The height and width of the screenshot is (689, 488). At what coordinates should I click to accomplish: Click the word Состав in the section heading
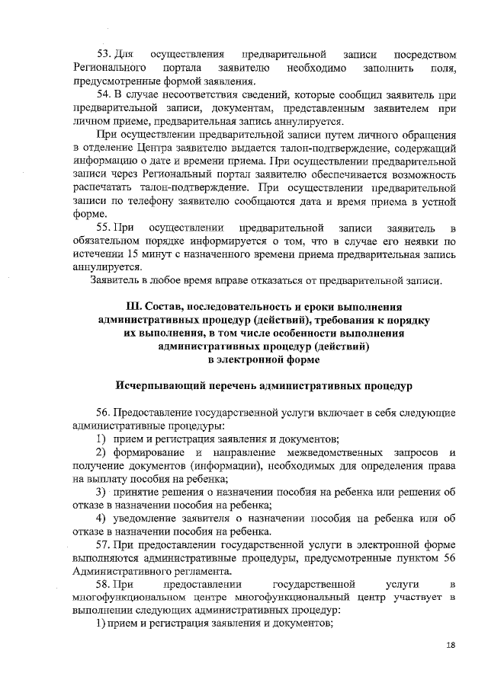pyautogui.click(x=157, y=307)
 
